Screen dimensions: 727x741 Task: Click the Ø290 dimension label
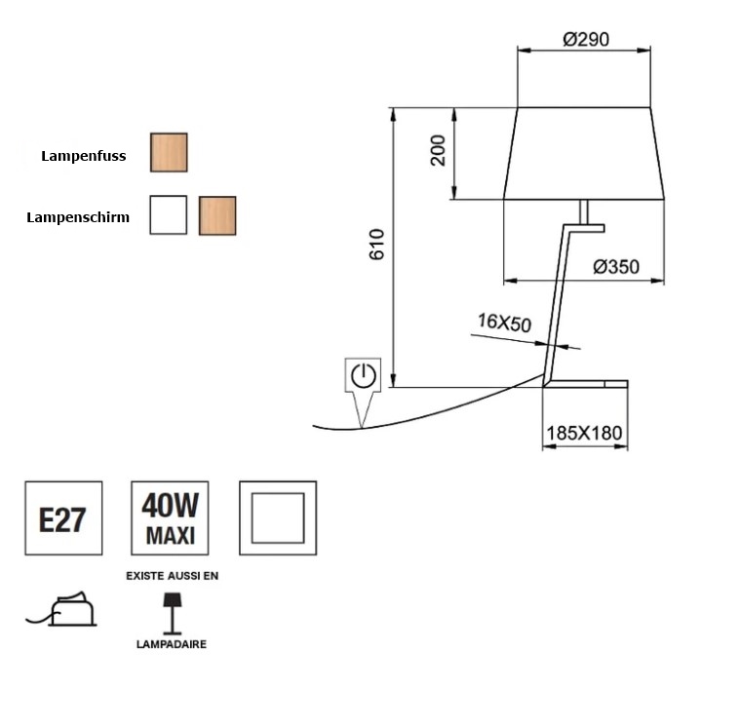(x=585, y=40)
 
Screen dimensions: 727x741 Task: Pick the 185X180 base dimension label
(x=584, y=433)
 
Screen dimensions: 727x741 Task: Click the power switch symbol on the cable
(x=362, y=376)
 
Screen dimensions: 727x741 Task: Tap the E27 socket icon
(x=62, y=518)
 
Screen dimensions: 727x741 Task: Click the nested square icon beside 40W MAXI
(x=277, y=517)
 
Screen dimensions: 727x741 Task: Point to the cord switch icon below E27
(x=62, y=610)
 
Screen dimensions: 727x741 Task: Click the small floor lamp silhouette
(x=171, y=611)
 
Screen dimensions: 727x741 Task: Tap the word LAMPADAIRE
(x=171, y=644)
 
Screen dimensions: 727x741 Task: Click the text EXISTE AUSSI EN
(x=173, y=576)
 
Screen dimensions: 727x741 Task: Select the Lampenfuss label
(x=84, y=155)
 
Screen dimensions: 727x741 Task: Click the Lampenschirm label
(x=78, y=217)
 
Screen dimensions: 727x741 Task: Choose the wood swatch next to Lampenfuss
(x=169, y=153)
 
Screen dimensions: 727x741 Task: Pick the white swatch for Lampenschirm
(x=168, y=215)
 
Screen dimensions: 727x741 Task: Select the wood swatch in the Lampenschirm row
(x=217, y=215)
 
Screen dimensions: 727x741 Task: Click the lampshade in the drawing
(x=583, y=153)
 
